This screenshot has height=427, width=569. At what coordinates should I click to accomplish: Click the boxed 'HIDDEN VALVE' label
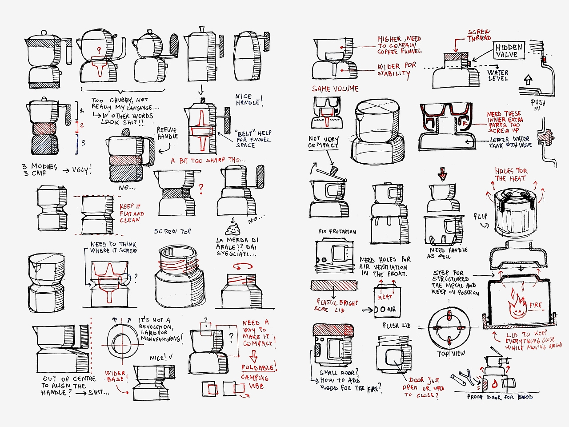509,50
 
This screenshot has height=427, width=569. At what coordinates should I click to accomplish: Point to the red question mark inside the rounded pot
99,50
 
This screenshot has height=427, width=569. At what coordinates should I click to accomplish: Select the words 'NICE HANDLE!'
248,100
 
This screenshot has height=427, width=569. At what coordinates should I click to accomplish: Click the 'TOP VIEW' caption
451,353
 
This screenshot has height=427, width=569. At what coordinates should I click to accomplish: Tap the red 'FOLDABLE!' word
259,367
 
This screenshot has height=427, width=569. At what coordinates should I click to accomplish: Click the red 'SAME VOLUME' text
335,89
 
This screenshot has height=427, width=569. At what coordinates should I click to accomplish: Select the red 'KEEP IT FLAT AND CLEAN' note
132,213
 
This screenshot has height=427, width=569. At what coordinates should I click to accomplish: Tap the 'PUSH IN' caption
537,105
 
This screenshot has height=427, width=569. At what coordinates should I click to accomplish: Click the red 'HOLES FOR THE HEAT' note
511,174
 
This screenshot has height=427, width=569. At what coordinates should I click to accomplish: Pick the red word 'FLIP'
480,217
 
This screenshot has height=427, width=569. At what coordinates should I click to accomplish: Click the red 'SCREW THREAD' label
479,35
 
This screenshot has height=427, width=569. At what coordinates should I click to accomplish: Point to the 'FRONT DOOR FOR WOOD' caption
500,397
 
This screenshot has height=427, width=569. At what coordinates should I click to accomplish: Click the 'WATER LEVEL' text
497,75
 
